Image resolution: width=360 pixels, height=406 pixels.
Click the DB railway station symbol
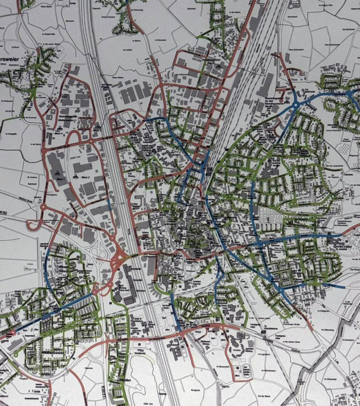tap(210, 170)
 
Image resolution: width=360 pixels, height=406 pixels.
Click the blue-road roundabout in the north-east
tap(296, 104)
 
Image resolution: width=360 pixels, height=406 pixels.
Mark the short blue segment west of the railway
tap(109, 205)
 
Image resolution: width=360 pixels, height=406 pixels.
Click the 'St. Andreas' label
tap(32, 177)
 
